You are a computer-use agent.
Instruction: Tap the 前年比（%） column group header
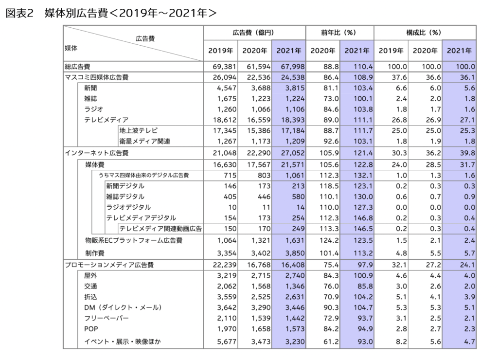[x=338, y=33]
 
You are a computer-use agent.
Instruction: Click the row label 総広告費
[x=77, y=67]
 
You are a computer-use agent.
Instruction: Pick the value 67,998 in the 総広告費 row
[x=292, y=67]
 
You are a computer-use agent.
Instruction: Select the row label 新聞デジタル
[x=125, y=186]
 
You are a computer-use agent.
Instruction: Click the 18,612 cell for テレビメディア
[x=225, y=120]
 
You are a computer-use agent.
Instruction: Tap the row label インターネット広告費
[x=97, y=153]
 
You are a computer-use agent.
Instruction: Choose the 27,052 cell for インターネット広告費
[x=292, y=153]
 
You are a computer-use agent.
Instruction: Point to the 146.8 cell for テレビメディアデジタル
[x=363, y=218]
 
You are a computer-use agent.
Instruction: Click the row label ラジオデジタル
[x=128, y=207]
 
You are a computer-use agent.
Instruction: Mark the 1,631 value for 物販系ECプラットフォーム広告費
[x=295, y=240]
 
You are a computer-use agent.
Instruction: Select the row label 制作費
[x=95, y=253]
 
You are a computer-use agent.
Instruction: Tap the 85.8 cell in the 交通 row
[x=365, y=286]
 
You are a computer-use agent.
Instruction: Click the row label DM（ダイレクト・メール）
[x=123, y=307]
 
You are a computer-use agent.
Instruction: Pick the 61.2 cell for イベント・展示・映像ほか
[x=331, y=342]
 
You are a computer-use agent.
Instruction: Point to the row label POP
[x=91, y=329]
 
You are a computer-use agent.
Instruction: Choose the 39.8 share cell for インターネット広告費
[x=467, y=153]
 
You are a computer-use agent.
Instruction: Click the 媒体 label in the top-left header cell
[x=71, y=48]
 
